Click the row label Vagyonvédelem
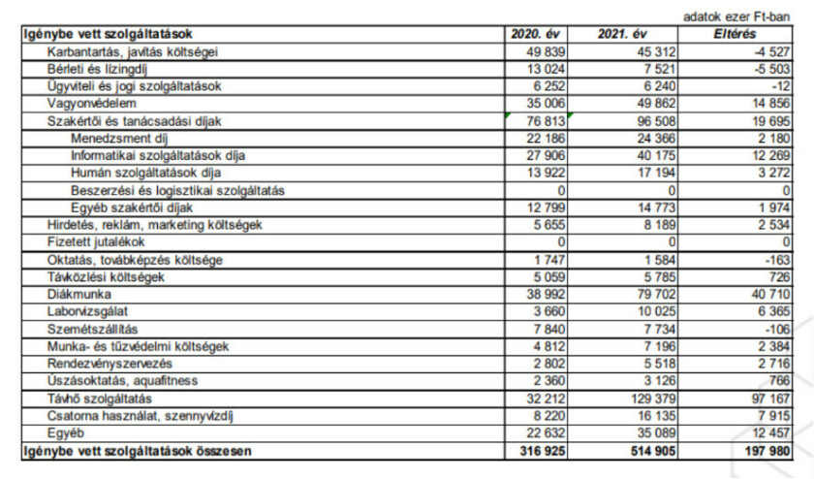pos(92,103)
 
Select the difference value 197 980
pos(764,451)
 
